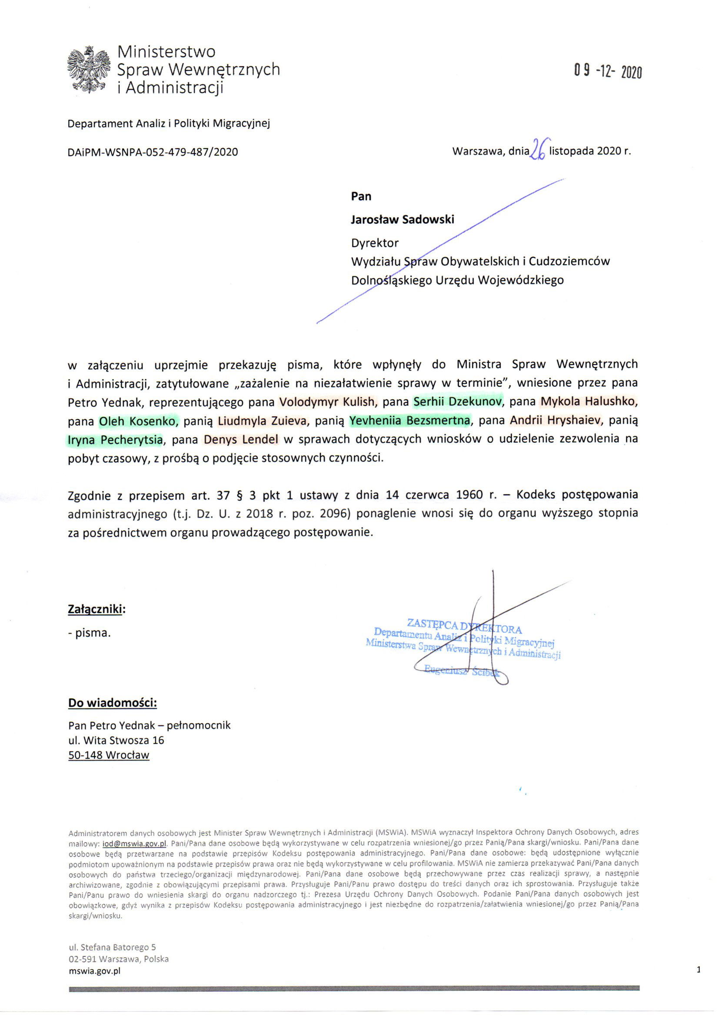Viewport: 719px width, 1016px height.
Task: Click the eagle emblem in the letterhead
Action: pyautogui.click(x=89, y=70)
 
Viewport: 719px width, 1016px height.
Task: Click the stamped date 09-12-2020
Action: pyautogui.click(x=607, y=71)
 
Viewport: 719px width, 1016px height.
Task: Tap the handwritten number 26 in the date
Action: pyautogui.click(x=539, y=149)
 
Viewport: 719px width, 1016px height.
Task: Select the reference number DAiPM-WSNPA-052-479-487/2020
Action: pyautogui.click(x=153, y=152)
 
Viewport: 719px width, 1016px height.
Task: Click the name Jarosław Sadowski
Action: pyautogui.click(x=402, y=219)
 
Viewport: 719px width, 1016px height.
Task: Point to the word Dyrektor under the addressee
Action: pyautogui.click(x=375, y=242)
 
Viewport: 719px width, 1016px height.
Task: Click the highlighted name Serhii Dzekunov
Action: pyautogui.click(x=458, y=402)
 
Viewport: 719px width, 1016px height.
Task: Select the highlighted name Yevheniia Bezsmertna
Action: pyautogui.click(x=409, y=420)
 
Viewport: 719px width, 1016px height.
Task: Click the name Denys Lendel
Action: pyautogui.click(x=241, y=440)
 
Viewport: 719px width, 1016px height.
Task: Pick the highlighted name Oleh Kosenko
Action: pyautogui.click(x=137, y=421)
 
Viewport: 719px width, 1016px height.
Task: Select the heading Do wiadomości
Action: pyautogui.click(x=113, y=703)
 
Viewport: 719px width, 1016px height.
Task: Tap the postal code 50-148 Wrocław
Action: pyautogui.click(x=109, y=755)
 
